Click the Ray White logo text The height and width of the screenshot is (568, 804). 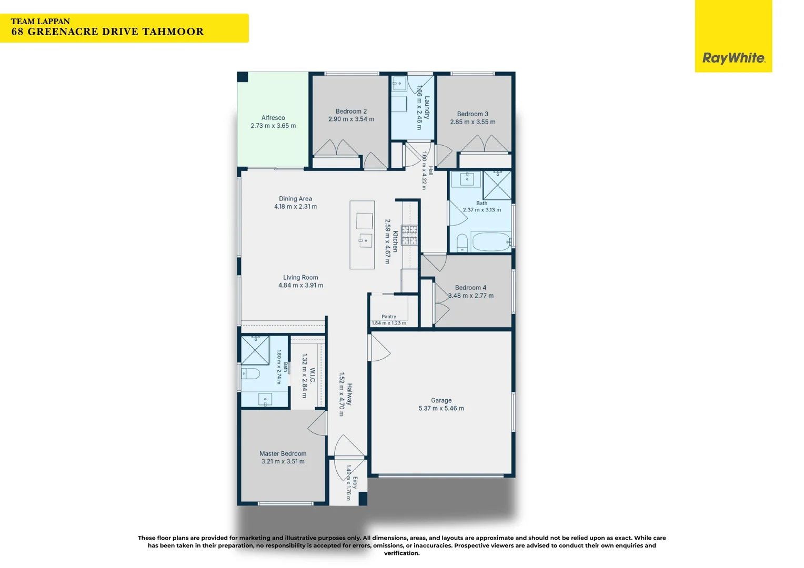[733, 58]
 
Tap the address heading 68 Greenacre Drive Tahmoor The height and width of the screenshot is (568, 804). [107, 32]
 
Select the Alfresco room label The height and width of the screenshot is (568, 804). [273, 118]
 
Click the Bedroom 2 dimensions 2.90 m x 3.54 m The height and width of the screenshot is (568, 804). [351, 119]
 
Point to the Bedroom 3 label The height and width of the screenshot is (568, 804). [473, 114]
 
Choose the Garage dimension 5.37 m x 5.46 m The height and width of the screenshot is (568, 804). [441, 408]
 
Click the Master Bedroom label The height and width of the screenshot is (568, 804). [283, 453]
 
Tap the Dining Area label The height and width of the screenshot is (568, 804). [295, 198]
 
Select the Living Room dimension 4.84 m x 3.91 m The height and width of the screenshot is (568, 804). [300, 285]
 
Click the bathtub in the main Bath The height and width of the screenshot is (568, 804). [490, 241]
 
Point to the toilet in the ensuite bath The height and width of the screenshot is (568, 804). [250, 374]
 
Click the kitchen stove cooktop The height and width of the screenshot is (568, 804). [409, 235]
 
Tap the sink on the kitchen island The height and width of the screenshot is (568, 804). [365, 240]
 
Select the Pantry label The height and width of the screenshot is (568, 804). [389, 317]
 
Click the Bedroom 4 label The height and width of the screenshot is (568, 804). [470, 287]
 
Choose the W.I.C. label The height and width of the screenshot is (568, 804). [312, 376]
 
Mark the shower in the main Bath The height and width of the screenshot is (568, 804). [497, 185]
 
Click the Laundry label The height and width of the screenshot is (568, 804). [427, 107]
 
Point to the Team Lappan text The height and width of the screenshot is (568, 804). [40, 22]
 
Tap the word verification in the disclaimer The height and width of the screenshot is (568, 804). [401, 553]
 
